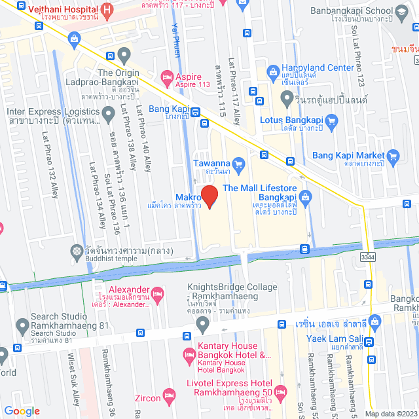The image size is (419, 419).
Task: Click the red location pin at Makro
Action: (x=209, y=196)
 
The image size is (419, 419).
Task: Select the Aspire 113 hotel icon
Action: (x=166, y=77)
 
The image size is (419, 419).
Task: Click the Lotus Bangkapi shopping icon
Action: (x=331, y=120)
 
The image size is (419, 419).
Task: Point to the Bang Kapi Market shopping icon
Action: (x=393, y=155)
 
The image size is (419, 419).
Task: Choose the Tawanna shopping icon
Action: (x=238, y=163)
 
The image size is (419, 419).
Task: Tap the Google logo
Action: (x=22, y=410)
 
